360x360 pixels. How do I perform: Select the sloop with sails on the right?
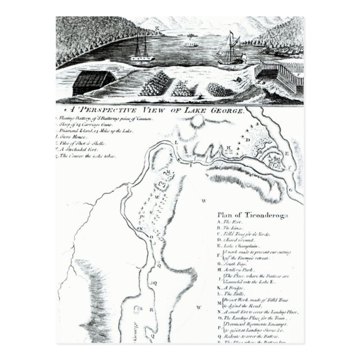(x=228, y=51)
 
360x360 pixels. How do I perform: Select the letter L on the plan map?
(x=175, y=141)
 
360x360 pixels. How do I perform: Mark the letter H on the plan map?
(x=229, y=148)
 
